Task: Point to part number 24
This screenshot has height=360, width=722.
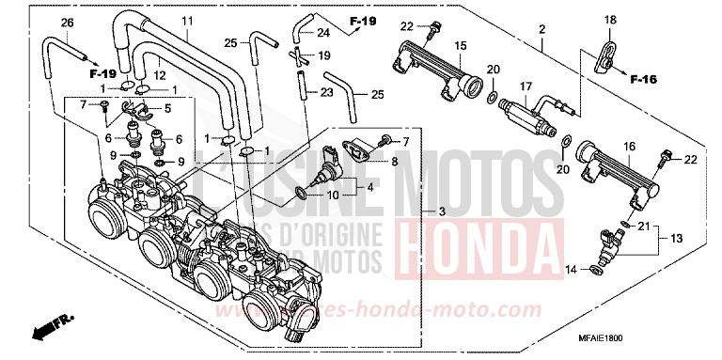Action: pyautogui.click(x=323, y=32)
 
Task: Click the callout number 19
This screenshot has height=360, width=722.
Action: pyautogui.click(x=323, y=56)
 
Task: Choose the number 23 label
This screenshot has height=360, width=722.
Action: pyautogui.click(x=326, y=92)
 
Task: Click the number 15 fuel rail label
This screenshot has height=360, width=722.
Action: pyautogui.click(x=461, y=45)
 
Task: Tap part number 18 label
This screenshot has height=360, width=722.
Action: pyautogui.click(x=609, y=20)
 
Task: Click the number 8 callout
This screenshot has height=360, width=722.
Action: pyautogui.click(x=394, y=162)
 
